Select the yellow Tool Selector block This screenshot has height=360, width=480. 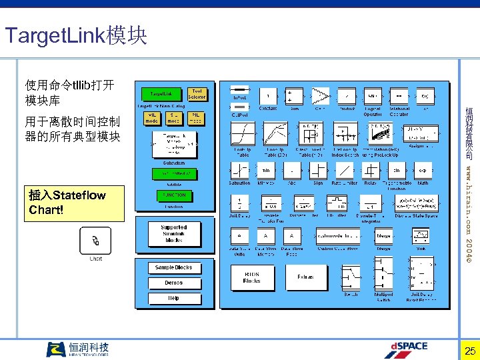tap(197, 94)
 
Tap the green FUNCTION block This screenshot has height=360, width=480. tap(174, 195)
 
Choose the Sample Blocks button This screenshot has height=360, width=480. tap(174, 267)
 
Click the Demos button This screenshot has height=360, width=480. tap(174, 283)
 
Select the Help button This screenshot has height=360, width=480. tap(174, 298)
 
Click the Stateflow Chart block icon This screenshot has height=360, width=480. tap(96, 240)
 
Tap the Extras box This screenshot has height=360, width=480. tap(305, 277)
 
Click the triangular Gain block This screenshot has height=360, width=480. tap(321, 94)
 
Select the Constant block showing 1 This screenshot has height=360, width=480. tap(268, 94)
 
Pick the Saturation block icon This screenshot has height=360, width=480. tap(239, 169)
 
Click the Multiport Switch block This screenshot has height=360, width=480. tap(383, 277)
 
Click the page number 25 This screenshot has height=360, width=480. tap(470, 351)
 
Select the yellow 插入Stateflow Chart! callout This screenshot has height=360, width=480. tap(74, 203)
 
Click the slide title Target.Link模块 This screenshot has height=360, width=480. tap(75, 35)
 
